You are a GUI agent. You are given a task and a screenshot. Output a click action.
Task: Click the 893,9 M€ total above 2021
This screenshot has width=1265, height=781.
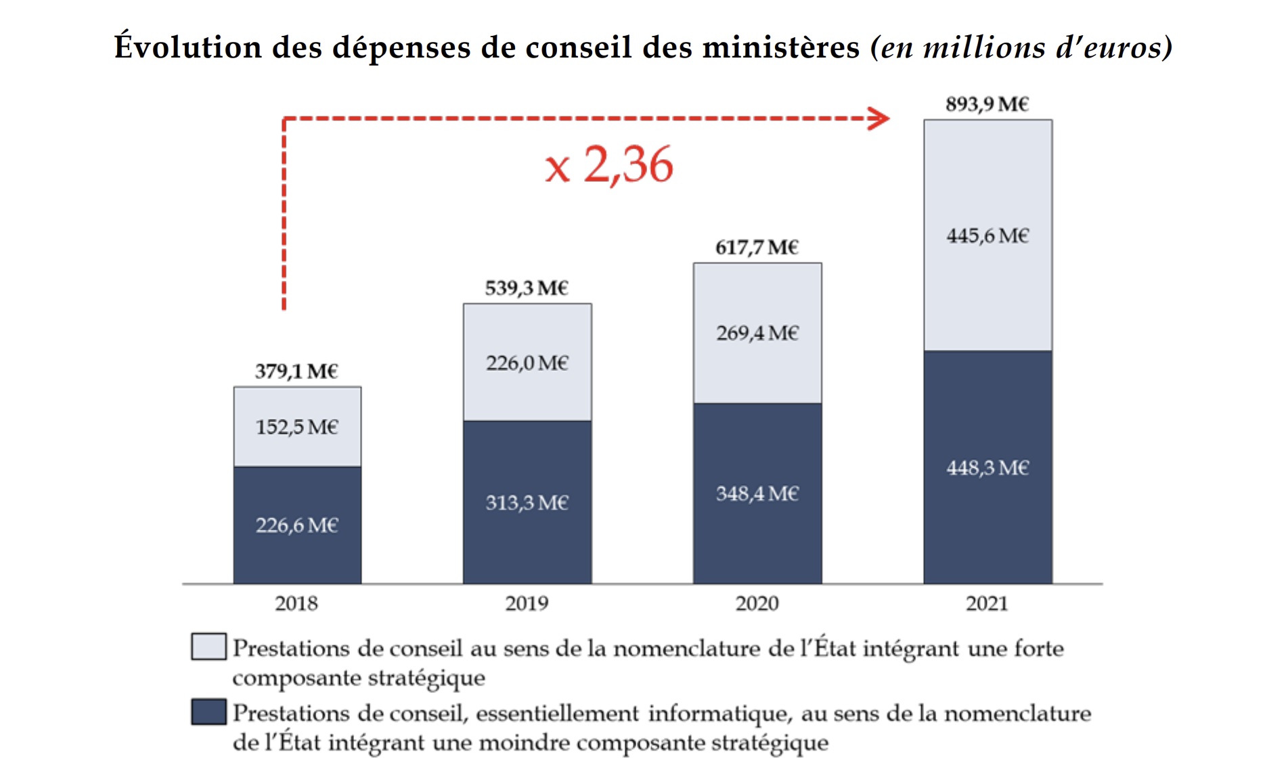987,104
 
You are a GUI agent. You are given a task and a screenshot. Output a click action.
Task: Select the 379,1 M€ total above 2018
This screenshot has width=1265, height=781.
296,372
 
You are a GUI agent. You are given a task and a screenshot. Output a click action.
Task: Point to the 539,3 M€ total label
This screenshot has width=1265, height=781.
527,288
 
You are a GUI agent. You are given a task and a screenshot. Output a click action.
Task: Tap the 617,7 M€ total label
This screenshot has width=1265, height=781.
757,248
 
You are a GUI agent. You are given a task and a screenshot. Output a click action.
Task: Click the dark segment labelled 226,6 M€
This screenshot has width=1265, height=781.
297,525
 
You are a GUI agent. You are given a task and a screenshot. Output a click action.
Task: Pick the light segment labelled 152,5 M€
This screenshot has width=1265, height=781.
297,427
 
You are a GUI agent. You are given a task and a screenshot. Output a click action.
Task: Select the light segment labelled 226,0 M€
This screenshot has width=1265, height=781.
527,363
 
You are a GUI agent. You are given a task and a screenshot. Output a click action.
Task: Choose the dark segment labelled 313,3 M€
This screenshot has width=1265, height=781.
527,503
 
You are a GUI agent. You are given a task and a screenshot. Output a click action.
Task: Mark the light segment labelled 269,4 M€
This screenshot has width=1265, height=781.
757,333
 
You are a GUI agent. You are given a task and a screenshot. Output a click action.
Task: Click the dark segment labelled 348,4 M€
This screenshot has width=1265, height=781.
757,494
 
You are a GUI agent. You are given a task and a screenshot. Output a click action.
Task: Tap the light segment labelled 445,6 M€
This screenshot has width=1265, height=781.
987,236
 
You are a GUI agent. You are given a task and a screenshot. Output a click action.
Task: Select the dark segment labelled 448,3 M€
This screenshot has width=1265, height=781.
987,468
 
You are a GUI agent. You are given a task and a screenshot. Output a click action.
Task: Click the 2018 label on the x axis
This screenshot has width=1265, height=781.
296,603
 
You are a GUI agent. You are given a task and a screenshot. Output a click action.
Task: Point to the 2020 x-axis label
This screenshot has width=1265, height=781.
757,603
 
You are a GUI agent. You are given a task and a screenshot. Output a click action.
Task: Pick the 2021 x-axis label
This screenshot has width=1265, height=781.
987,603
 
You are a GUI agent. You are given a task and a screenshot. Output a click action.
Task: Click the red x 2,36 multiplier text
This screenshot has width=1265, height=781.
609,165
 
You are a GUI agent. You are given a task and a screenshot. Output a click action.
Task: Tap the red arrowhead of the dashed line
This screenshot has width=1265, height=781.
880,118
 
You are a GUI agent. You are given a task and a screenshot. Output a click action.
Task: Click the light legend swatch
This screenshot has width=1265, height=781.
208,646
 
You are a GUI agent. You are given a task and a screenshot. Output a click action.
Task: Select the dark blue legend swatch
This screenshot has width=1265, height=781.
208,712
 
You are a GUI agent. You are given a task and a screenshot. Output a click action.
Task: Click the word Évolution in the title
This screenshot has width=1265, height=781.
188,47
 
